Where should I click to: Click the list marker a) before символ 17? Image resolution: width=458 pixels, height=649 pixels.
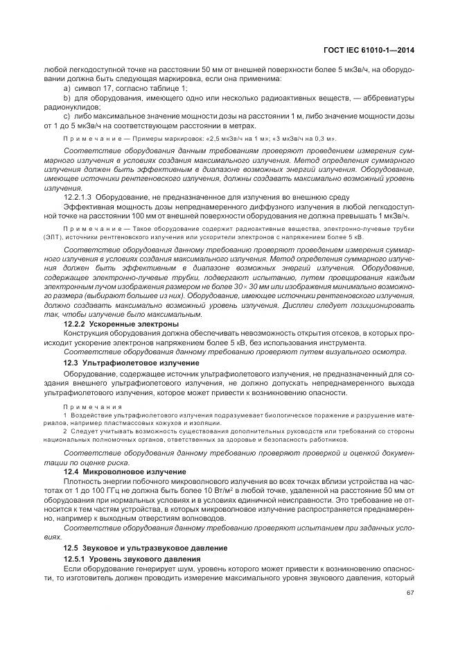67,88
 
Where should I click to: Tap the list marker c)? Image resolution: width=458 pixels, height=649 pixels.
67,116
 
